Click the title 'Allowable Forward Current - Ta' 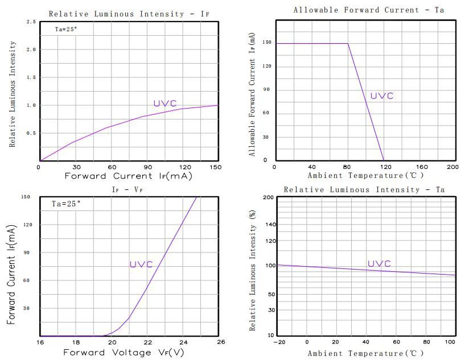[368, 10]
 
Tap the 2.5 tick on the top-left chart [31, 22]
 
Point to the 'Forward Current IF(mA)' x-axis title [128, 176]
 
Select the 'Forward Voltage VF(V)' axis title [124, 353]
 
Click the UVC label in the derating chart [381, 96]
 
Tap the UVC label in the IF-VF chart [141, 264]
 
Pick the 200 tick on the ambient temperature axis [453, 167]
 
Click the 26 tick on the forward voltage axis [221, 342]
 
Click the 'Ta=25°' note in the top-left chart [65, 29]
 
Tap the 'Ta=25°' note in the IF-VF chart [67, 203]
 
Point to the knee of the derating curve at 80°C [348, 44]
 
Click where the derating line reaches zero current [384, 160]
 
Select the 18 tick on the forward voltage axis [76, 342]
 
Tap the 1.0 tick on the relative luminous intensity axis [31, 105]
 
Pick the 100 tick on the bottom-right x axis [450, 342]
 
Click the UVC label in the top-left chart [164, 104]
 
